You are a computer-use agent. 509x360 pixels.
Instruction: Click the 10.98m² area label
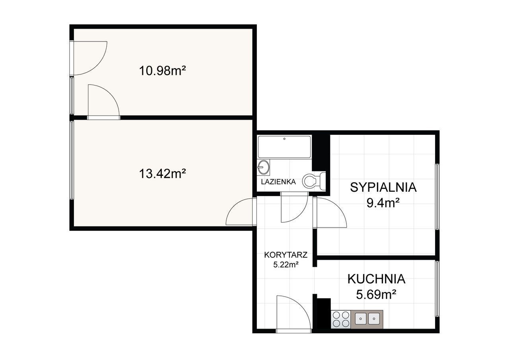click(163, 70)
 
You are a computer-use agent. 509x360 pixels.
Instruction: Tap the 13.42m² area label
click(163, 174)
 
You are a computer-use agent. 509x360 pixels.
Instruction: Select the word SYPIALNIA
click(383, 187)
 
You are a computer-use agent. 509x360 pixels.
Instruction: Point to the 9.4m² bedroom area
click(383, 203)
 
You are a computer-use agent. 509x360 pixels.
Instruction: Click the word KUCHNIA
click(377, 279)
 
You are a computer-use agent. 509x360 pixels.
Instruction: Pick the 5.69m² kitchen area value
click(376, 295)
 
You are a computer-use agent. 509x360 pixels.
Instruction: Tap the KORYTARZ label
click(286, 255)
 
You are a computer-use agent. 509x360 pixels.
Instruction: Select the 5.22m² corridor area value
click(286, 265)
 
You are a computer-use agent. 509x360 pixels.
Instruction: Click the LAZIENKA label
click(278, 182)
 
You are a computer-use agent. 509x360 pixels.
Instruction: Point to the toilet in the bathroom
click(314, 181)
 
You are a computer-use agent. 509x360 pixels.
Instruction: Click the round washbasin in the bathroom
click(263, 167)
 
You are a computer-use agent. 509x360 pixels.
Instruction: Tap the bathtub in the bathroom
click(284, 147)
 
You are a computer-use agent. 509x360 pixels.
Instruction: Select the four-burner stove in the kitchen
click(341, 319)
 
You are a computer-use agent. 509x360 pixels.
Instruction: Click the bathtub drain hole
click(284, 139)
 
